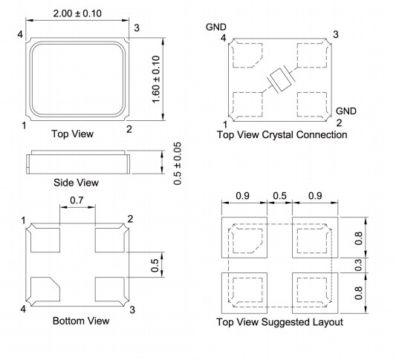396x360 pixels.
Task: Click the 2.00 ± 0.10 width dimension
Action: pyautogui.click(x=77, y=13)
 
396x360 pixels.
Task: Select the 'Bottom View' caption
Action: pyautogui.click(x=81, y=321)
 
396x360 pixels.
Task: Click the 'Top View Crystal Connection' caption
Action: pyautogui.click(x=282, y=135)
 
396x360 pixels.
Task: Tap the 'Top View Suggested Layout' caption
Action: pyautogui.click(x=279, y=322)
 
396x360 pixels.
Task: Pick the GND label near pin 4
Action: pyautogui.click(x=215, y=27)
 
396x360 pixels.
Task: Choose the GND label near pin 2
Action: pyautogui.click(x=346, y=111)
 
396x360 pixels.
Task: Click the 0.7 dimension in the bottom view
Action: pyautogui.click(x=77, y=200)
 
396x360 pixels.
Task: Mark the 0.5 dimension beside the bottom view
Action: pyautogui.click(x=155, y=264)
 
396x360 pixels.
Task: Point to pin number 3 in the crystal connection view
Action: pyautogui.click(x=337, y=35)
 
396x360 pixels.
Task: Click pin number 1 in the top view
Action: pyautogui.click(x=23, y=126)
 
